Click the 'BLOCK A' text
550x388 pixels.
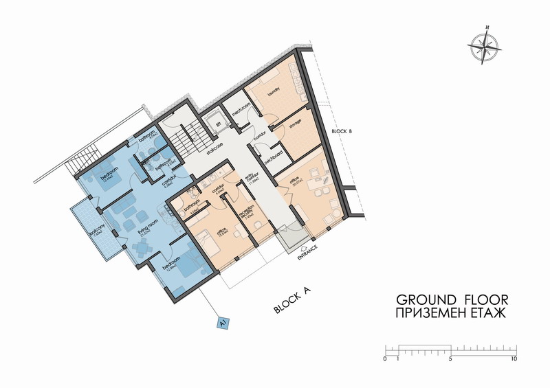(x=293, y=301)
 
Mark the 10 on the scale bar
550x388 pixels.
(x=514, y=358)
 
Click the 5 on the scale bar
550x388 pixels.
(x=450, y=358)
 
